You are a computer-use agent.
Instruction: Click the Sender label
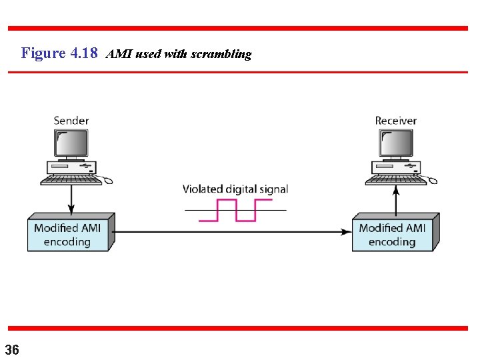tap(71, 121)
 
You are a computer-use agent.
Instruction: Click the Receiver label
tap(395, 121)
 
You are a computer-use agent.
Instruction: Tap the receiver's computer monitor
tap(397, 143)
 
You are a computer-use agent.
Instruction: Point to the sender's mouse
tap(107, 180)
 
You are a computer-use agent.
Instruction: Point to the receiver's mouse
tap(431, 180)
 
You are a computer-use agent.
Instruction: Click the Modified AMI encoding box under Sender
tap(68, 234)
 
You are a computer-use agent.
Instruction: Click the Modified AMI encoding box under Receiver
tap(393, 234)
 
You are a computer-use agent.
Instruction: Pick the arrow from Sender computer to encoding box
tap(72, 198)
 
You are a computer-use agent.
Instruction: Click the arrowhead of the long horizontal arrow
tap(347, 232)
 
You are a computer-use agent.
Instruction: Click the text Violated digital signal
tap(235, 189)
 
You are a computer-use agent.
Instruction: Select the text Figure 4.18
tap(60, 53)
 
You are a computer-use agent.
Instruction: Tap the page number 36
tap(12, 349)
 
